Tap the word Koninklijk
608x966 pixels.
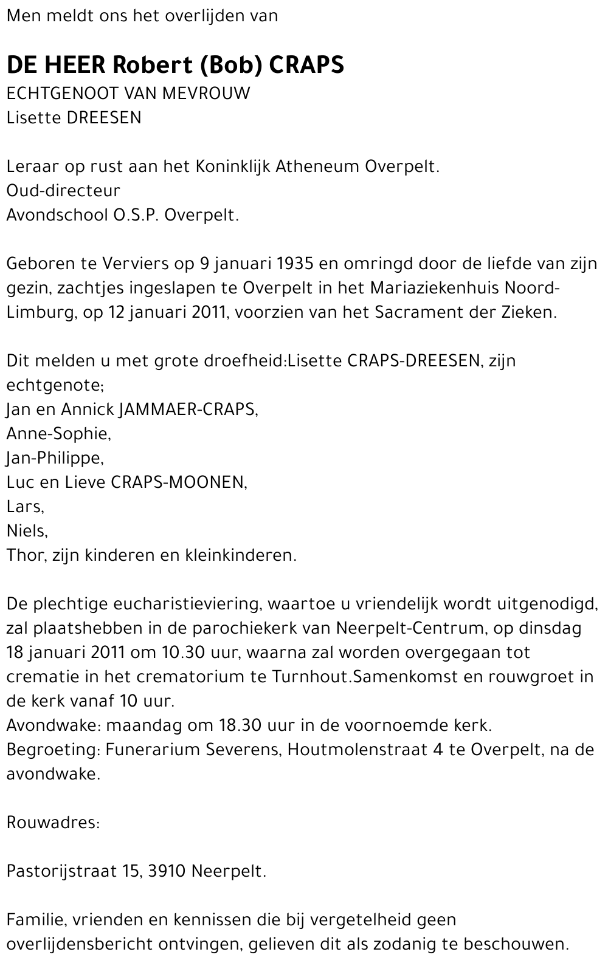[x=233, y=166]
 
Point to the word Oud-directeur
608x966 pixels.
[x=63, y=191]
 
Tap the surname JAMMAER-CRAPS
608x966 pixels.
[x=188, y=409]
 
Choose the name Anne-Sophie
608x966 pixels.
[x=58, y=434]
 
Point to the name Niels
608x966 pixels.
[x=27, y=531]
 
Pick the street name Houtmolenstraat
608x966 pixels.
[x=357, y=750]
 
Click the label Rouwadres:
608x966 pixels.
[x=53, y=823]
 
